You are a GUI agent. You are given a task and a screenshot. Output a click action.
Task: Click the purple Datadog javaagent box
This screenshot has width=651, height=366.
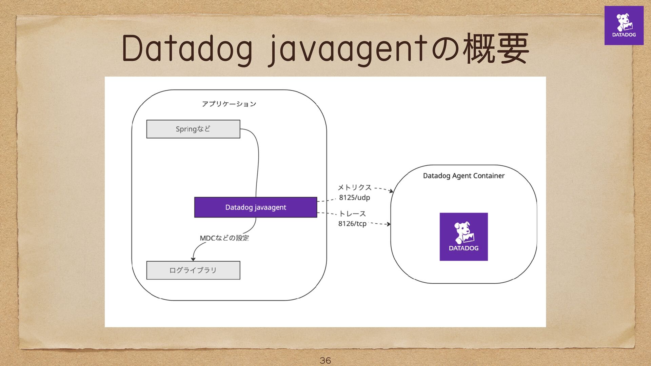tap(256, 207)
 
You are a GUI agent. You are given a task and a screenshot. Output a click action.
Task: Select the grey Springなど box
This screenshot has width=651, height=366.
tap(193, 129)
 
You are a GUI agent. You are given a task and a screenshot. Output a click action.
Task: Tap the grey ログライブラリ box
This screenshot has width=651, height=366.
tap(193, 270)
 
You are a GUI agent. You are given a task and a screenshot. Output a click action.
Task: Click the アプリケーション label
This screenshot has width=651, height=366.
tap(229, 104)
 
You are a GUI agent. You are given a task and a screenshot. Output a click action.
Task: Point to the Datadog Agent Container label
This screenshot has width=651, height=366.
tap(463, 176)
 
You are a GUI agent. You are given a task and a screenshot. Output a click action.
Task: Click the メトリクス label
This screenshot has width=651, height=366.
tap(355, 187)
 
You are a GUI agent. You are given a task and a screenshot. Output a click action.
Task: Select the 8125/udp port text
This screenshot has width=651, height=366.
tap(354, 198)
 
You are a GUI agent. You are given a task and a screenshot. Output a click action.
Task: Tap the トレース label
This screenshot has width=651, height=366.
tap(352, 214)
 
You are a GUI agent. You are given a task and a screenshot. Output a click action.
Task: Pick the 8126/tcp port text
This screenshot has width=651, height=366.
tap(352, 224)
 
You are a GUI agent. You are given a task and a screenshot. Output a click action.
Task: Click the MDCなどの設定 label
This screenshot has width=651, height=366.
tap(224, 238)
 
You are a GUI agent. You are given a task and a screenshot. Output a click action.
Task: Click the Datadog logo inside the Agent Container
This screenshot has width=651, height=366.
tap(463, 237)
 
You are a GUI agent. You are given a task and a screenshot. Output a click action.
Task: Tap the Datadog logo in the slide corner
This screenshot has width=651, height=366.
tap(624, 25)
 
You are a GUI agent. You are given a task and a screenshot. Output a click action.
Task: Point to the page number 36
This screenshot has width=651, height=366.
tap(325, 360)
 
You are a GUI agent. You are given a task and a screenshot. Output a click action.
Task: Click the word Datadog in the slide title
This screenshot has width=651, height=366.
tap(187, 49)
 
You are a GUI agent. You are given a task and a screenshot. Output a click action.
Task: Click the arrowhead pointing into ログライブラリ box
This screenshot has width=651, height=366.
tap(193, 259)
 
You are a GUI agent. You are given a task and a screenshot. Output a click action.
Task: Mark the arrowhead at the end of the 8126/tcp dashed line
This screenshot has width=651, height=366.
tap(389, 224)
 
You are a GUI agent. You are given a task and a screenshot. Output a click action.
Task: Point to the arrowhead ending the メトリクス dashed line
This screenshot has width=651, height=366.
tap(391, 191)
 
